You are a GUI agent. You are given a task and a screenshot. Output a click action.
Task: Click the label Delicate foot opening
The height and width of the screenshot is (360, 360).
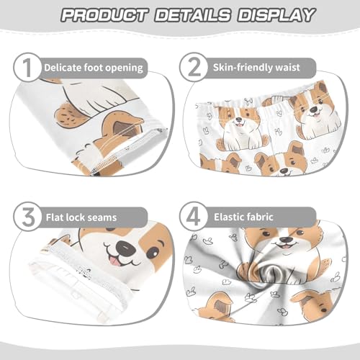pyautogui.click(x=94, y=68)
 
